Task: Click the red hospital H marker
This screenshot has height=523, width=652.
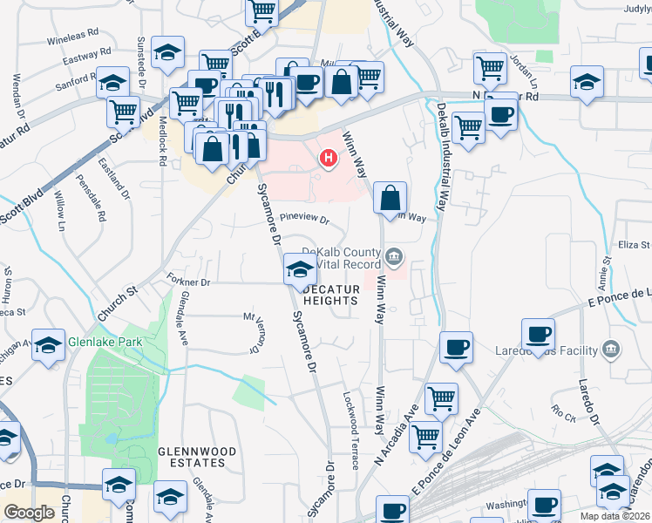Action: tap(329, 159)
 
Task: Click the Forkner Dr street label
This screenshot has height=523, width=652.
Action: tap(188, 282)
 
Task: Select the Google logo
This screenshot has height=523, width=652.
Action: tap(29, 513)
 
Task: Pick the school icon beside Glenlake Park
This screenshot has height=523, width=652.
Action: tap(49, 343)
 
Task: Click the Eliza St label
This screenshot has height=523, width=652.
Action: tap(635, 244)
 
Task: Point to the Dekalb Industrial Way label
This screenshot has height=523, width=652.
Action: tap(441, 157)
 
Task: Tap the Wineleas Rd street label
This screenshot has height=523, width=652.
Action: tap(73, 37)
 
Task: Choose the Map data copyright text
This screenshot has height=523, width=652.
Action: tap(615, 515)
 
